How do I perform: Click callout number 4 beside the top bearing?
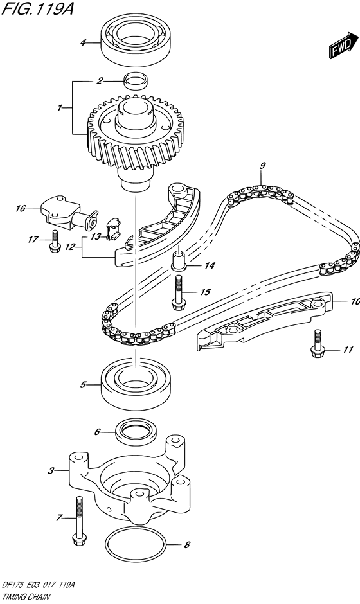click(83, 43)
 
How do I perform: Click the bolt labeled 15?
click(177, 290)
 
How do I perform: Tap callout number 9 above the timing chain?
click(262, 166)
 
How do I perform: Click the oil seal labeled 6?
click(136, 431)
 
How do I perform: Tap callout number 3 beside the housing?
click(51, 471)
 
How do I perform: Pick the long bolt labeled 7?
click(79, 522)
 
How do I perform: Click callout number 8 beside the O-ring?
click(187, 546)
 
